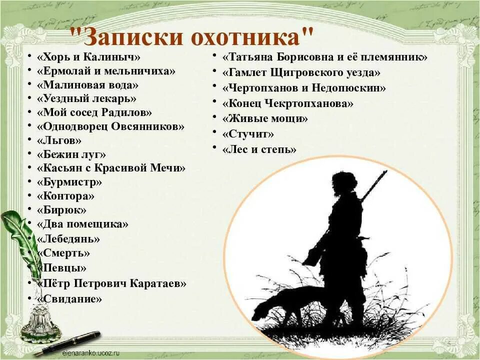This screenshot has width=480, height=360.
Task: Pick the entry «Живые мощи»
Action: pos(265,118)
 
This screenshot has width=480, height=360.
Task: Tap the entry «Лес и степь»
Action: pos(259,149)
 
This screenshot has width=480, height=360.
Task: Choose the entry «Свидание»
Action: pos(69,299)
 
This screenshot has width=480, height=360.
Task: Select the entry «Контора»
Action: pos(65,196)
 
